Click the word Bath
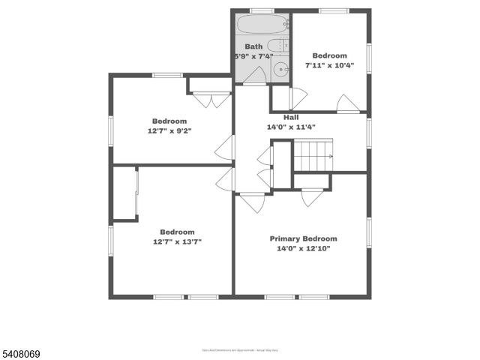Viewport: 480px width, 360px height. tap(253, 46)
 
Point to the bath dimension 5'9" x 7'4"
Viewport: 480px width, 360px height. tap(254, 56)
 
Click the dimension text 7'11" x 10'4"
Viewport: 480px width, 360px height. tap(329, 65)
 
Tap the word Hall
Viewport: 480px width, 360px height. tap(291, 117)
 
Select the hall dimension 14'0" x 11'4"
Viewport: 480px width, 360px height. tap(291, 127)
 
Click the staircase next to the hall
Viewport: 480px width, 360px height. tap(312, 157)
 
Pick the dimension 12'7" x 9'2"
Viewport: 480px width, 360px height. tap(169, 130)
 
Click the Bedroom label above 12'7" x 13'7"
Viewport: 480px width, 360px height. tap(177, 232)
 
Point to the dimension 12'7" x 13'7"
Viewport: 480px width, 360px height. tap(177, 241)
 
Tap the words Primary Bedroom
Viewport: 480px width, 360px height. tap(304, 238)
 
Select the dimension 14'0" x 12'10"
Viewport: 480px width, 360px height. tap(304, 248)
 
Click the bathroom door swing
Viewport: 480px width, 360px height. tap(256, 75)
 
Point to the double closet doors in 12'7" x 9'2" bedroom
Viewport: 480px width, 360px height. tap(211, 100)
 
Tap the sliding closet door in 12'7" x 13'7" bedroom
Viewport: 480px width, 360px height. tap(136, 193)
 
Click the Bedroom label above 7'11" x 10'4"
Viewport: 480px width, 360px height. tap(329, 55)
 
